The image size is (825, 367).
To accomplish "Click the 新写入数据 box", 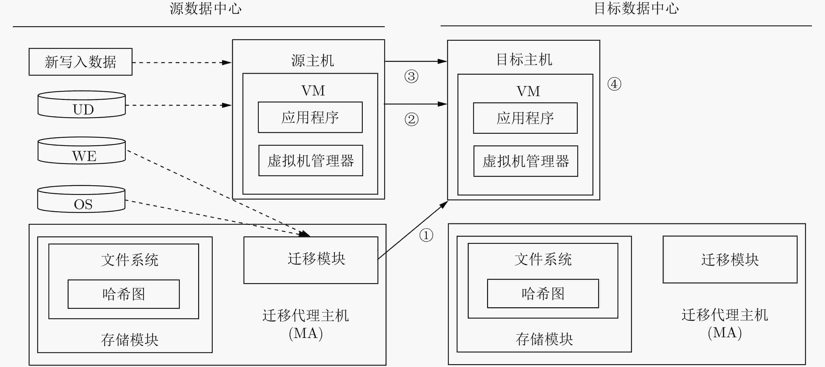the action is [x=80, y=62].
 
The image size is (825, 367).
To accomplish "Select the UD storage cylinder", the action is [x=82, y=104].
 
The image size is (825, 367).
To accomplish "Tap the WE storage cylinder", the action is [x=82, y=151].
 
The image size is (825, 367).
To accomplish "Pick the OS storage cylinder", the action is [x=81, y=199].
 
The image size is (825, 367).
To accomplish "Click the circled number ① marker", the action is [x=426, y=235].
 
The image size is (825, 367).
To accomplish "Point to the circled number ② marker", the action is [x=412, y=119].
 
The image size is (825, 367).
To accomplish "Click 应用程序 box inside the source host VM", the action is [x=310, y=117].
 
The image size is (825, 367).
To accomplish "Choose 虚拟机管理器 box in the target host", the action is [x=526, y=161].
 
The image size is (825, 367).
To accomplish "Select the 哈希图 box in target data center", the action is [x=543, y=294].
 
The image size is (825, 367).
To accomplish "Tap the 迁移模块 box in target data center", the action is [x=730, y=260].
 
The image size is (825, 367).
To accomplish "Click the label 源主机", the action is [x=313, y=61].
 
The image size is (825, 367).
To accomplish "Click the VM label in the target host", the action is [x=528, y=91].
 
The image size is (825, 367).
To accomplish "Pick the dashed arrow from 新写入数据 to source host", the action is [x=182, y=62].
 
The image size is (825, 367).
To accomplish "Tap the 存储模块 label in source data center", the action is [x=130, y=340].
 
